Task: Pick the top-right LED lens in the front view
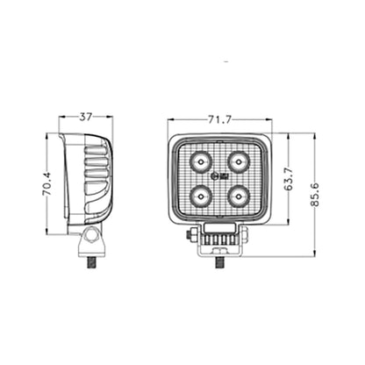236,162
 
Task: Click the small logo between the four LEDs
218,180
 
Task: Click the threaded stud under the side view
90,261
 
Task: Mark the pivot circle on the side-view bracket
90,238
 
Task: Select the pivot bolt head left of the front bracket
194,235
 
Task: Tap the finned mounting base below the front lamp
219,238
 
